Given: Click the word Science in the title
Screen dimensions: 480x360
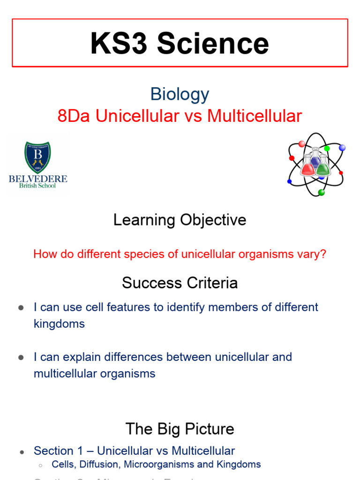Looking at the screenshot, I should pyautogui.click(x=213, y=44).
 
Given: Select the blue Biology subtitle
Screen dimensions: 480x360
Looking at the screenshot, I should pyautogui.click(x=180, y=94).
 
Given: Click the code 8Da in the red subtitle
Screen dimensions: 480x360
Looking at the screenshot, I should pyautogui.click(x=74, y=116).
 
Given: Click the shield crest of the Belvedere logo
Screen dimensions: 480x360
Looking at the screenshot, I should pyautogui.click(x=37, y=157).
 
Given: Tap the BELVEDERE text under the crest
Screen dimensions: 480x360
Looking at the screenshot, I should pyautogui.click(x=38, y=179).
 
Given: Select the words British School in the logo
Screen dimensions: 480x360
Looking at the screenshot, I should pyautogui.click(x=37, y=186).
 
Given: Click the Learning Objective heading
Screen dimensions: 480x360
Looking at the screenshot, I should pyautogui.click(x=180, y=220).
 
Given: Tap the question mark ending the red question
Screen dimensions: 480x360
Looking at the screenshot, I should pyautogui.click(x=323, y=254).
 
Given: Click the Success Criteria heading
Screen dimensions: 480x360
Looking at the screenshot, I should pyautogui.click(x=180, y=283).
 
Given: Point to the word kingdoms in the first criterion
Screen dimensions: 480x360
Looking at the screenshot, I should pyautogui.click(x=59, y=323).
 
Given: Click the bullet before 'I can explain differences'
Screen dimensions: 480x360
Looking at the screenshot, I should pyautogui.click(x=21, y=357).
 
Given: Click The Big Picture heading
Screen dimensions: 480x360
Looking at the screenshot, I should pyautogui.click(x=180, y=429).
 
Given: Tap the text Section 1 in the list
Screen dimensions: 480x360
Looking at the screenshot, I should pyautogui.click(x=53, y=451).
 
